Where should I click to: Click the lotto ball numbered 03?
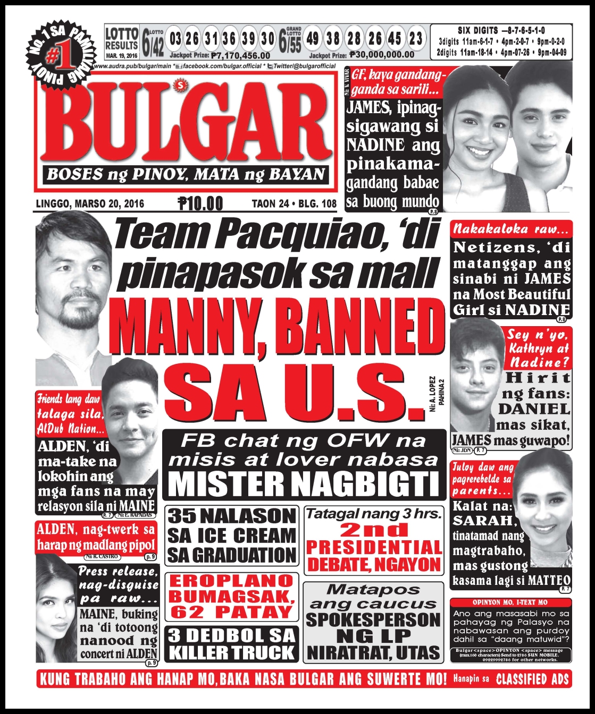[175, 39]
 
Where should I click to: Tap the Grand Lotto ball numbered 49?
[313, 38]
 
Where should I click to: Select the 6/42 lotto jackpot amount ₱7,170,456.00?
[240, 55]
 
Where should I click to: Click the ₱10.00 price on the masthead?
[200, 203]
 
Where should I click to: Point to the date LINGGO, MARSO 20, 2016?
[90, 203]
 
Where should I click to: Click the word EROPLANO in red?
[231, 581]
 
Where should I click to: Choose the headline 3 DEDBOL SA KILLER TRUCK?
[231, 644]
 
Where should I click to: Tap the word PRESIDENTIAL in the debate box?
[374, 547]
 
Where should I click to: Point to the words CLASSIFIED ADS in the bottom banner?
[532, 679]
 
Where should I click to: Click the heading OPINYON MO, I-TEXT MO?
[510, 602]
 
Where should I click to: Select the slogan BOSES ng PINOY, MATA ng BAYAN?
[186, 174]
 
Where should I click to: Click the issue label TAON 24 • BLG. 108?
[294, 203]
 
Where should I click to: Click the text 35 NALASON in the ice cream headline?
[231, 516]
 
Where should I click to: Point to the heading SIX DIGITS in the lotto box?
[478, 31]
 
